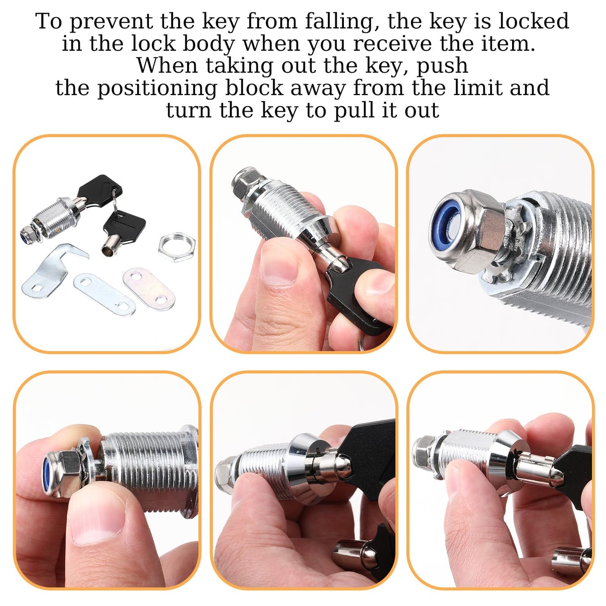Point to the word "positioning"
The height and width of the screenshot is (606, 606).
pos(157,88)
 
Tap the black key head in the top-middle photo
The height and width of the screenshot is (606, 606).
pos(361,294)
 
